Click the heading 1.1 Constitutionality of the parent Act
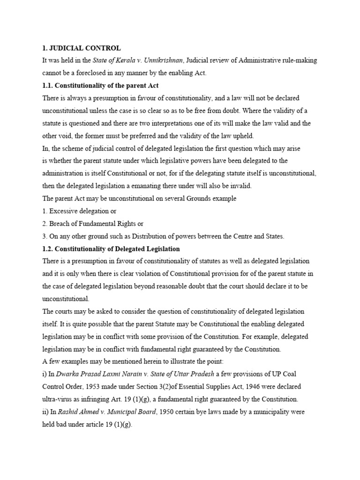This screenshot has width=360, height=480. point(100,85)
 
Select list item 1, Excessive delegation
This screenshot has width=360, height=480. point(79,211)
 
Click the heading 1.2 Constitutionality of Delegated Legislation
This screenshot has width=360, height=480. point(111,248)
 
